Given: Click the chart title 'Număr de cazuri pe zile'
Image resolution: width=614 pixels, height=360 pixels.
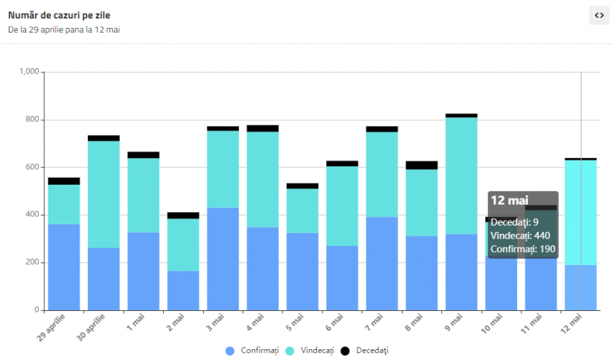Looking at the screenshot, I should (x=59, y=15).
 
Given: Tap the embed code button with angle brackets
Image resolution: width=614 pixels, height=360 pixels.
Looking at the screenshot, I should (x=599, y=15).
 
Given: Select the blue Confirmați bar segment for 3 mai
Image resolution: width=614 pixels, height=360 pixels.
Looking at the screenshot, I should (x=223, y=258).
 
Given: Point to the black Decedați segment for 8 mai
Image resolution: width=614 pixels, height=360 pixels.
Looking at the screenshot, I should (x=422, y=165).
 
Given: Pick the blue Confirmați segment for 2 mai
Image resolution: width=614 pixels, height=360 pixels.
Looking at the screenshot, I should (x=183, y=290).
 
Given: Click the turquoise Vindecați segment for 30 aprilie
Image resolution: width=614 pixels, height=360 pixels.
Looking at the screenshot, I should (x=104, y=194).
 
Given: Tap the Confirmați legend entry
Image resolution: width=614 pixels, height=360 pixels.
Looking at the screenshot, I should (x=252, y=350).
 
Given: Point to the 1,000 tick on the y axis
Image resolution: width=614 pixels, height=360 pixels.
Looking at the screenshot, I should (x=30, y=72).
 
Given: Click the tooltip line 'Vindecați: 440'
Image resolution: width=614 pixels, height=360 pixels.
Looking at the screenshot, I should (x=520, y=235).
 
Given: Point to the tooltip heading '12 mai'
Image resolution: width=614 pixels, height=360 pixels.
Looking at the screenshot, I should (x=510, y=200).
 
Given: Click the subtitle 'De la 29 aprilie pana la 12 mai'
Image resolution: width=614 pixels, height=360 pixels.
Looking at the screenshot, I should (x=64, y=30).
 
